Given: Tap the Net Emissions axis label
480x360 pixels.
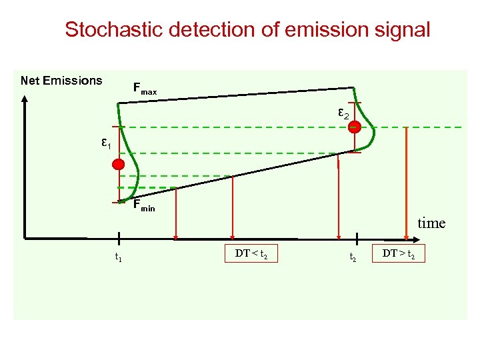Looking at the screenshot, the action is coord(61,81).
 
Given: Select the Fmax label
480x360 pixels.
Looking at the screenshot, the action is coord(145,88).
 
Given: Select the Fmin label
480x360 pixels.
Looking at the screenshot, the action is coord(143,206).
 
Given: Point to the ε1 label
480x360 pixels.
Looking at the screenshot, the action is coord(105,143).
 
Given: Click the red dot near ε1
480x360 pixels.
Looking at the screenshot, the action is coord(118,165).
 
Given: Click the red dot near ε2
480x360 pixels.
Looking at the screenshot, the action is coord(355,127).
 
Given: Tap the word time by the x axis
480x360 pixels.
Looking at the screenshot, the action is coord(431,223).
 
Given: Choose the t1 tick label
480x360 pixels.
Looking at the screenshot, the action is coord(118,257).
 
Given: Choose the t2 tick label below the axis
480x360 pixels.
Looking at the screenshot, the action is coord(353,257).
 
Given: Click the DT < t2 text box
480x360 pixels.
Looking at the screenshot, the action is coord(255,254).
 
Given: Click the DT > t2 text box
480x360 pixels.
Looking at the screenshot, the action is coord(403,254).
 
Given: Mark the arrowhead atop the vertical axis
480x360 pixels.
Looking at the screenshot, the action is coord(25,98).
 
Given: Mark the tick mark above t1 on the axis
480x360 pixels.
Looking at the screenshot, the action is coord(118,238).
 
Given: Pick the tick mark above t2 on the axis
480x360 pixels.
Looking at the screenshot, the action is coord(357,239).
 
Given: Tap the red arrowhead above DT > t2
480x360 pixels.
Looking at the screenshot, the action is coord(407,235).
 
